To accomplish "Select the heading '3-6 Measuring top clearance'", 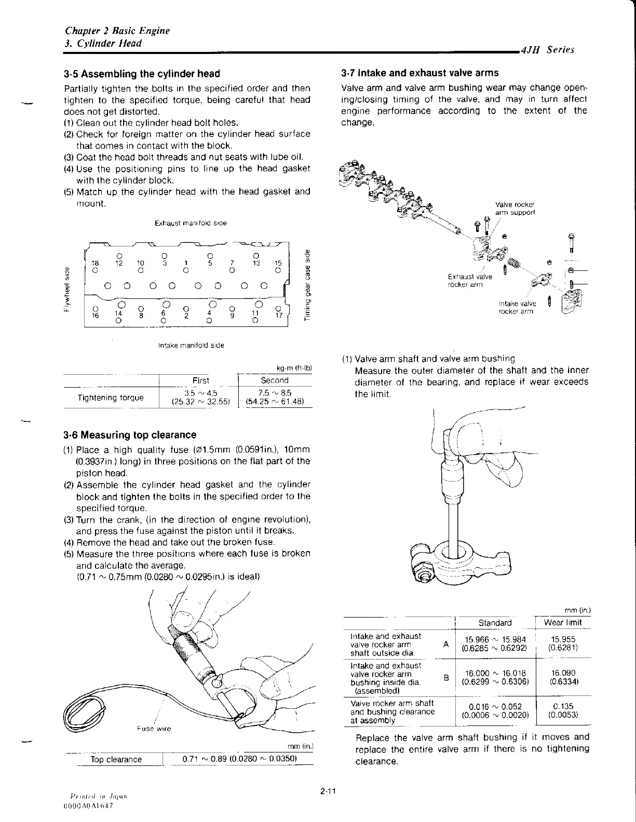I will coord(130,435).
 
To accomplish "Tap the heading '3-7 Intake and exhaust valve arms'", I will coord(420,73).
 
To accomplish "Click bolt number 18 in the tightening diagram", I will coord(95,264).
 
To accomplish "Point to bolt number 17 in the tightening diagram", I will coord(278,314).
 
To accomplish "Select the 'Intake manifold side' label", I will coord(190,345).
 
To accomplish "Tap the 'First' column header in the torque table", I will coord(200,380).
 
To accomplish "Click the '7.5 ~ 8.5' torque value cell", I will coord(275,393).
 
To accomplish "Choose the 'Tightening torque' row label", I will coord(110,398).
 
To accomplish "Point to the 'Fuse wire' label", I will coord(154,729).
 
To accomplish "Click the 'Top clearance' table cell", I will coord(116,759).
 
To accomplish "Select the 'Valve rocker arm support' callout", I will coord(515,208).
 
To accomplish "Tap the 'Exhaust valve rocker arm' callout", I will coord(470,280).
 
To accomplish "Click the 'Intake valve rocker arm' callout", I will coord(517,307).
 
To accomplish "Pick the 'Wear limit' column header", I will coord(563,622).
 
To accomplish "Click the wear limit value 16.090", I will coord(563,673).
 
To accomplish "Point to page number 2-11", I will coord(329,791).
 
